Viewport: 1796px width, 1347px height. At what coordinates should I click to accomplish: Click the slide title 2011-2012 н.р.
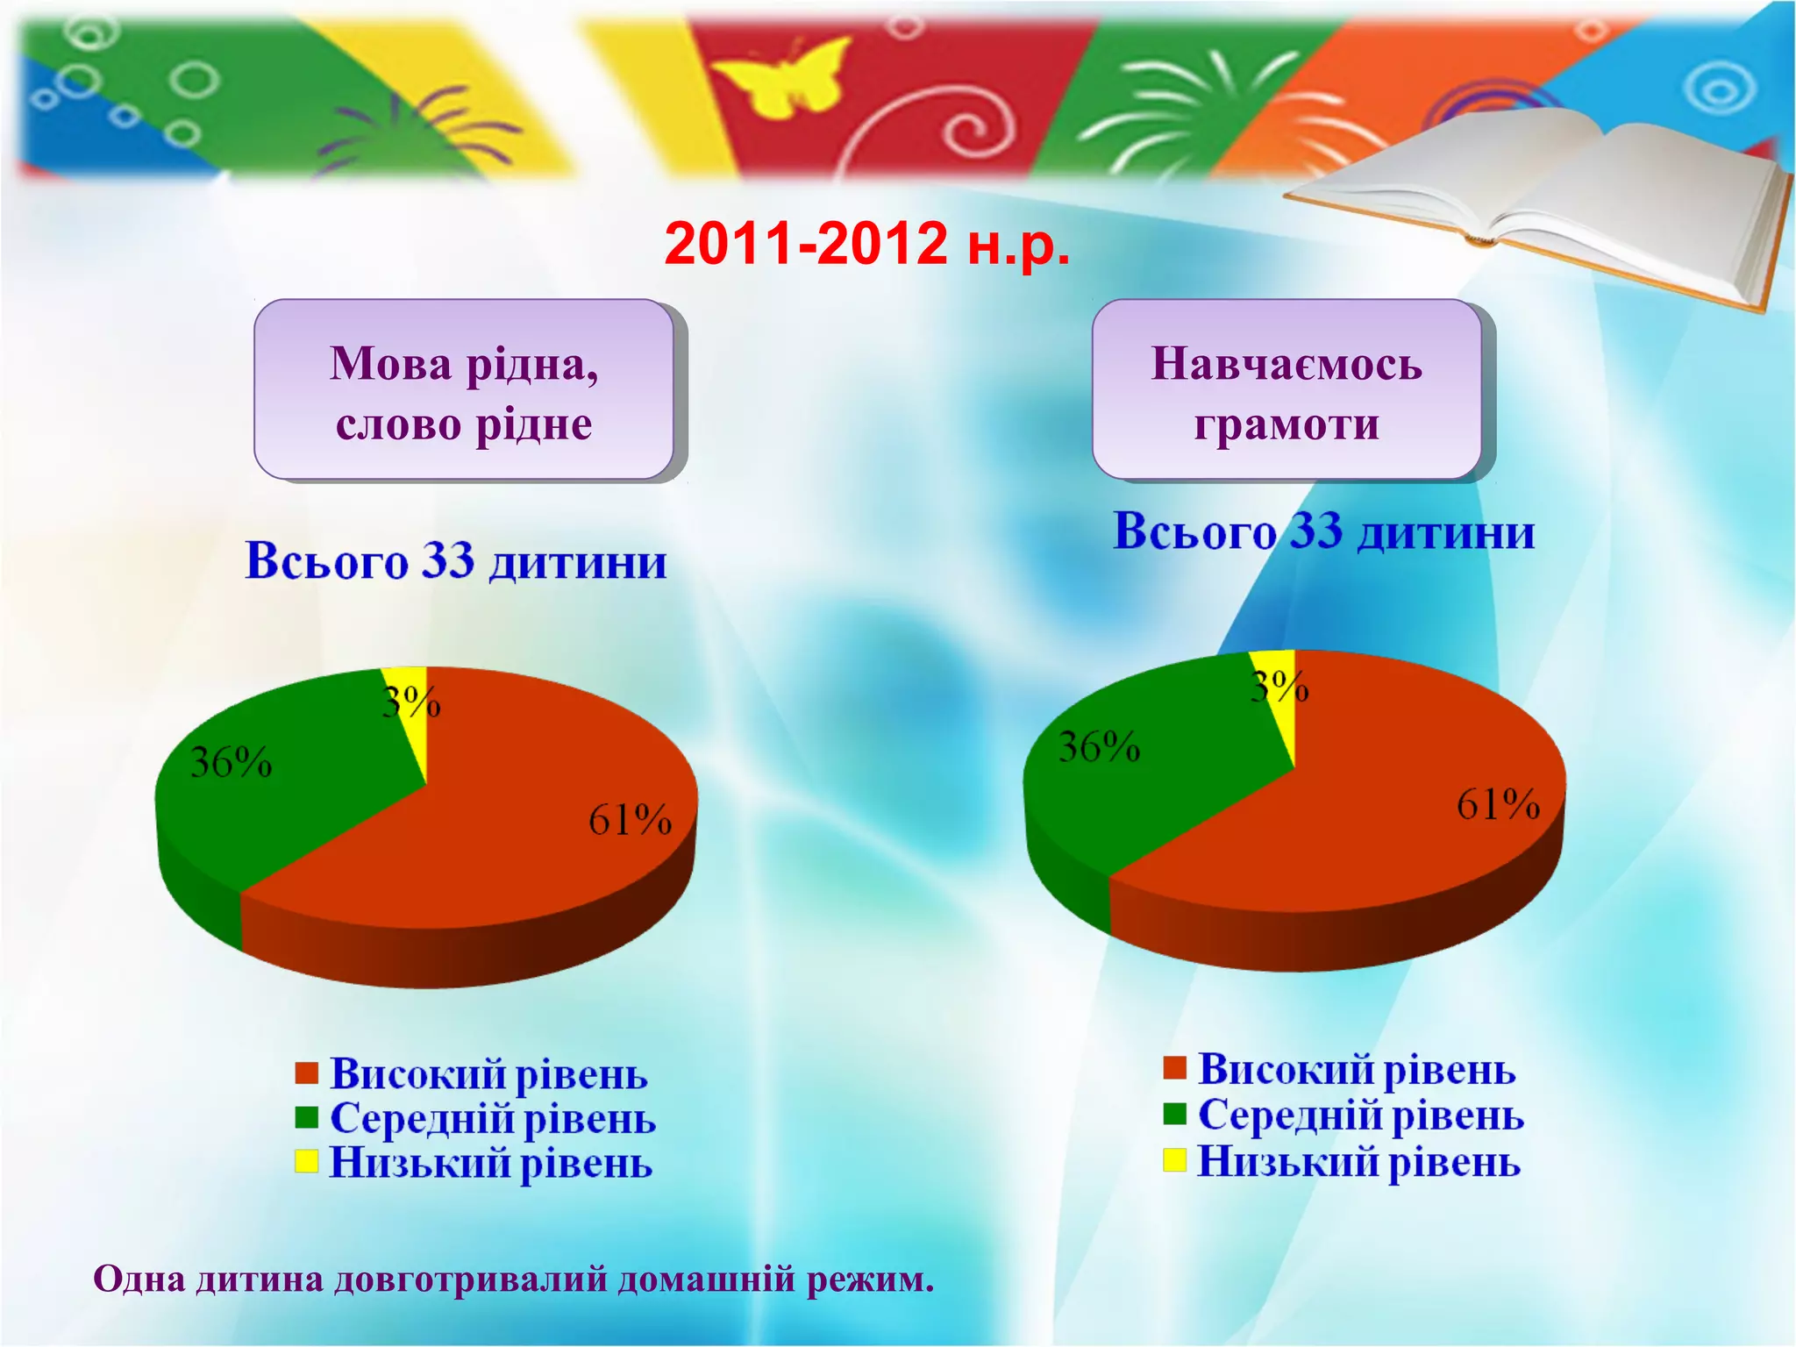[x=867, y=243]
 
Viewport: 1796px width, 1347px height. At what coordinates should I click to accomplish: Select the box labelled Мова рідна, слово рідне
[x=464, y=390]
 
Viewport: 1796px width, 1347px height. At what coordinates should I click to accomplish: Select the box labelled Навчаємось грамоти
[x=1286, y=390]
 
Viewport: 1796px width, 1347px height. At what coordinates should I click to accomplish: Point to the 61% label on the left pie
[x=630, y=821]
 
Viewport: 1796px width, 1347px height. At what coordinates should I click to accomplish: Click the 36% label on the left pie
[x=232, y=763]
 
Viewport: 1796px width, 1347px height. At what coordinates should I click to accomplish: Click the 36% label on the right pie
[x=1099, y=747]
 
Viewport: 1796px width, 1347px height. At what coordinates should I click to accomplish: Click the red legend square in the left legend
[x=306, y=1073]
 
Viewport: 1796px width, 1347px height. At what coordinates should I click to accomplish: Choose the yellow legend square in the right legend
[x=1174, y=1160]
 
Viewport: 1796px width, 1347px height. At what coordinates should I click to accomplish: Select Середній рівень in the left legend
[x=493, y=1119]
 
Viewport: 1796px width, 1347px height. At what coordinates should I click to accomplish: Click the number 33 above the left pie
[x=448, y=560]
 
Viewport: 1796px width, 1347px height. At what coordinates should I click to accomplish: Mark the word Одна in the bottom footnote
[x=139, y=1279]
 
